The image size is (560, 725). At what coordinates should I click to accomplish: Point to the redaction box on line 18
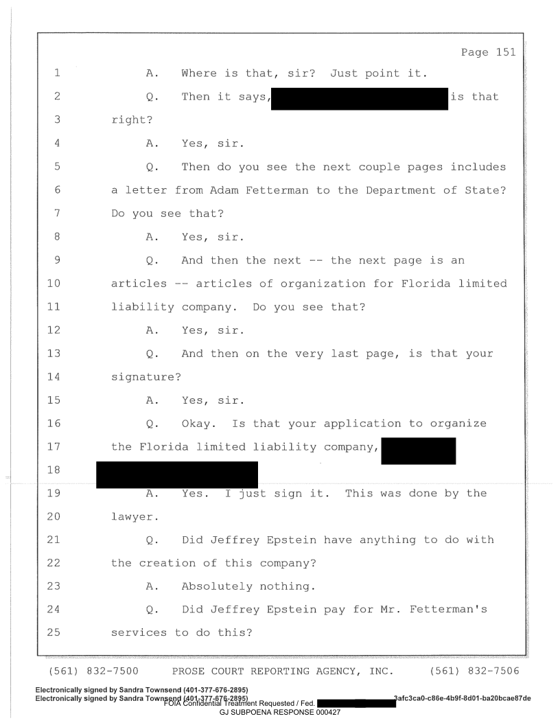pyautogui.click(x=177, y=474)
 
